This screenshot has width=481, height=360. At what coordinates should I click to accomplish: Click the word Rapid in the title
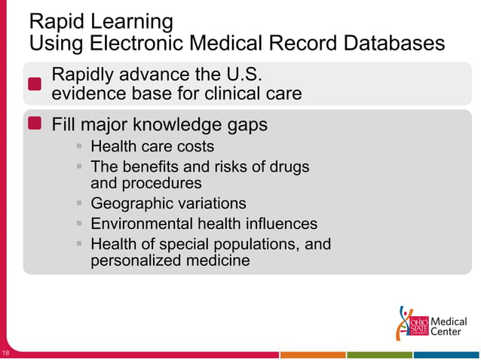[55, 20]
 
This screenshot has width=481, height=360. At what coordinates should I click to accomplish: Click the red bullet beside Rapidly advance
[35, 84]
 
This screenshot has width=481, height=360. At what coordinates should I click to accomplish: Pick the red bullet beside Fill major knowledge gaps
[35, 124]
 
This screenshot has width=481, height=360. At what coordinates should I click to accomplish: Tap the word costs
[194, 146]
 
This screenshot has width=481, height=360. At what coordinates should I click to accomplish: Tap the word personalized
[136, 261]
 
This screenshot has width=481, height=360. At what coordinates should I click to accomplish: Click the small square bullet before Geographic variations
[79, 203]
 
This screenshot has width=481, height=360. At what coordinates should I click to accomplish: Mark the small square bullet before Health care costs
[79, 146]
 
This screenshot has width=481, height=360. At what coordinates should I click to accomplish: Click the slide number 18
[5, 353]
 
